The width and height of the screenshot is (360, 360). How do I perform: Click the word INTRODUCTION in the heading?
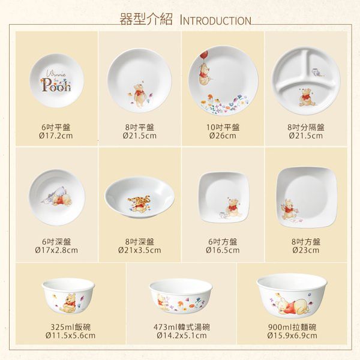tap(215, 20)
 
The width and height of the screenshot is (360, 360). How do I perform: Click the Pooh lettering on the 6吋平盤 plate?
tap(56, 85)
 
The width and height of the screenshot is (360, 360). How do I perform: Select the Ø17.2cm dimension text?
tap(56, 136)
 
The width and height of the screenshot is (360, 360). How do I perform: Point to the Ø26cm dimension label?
tap(223, 136)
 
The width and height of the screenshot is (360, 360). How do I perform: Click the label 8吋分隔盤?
tap(306, 127)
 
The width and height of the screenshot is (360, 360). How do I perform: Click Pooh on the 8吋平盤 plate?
tap(139, 95)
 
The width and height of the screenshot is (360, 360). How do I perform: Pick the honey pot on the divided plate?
tap(317, 72)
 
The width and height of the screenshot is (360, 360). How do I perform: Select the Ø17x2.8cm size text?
tap(56, 250)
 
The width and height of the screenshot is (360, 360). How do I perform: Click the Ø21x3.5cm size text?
tap(140, 250)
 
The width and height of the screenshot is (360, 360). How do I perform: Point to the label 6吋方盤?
tap(223, 242)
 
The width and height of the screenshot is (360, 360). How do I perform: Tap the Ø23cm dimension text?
tap(306, 250)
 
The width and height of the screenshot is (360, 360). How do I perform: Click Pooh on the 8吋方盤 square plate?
tap(288, 209)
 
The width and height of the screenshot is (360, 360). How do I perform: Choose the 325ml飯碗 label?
tap(70, 327)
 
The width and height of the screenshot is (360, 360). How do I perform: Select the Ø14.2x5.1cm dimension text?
tap(182, 335)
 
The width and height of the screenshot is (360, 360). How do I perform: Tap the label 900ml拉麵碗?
tap(292, 327)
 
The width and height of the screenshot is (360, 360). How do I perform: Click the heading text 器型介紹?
tap(146, 19)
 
